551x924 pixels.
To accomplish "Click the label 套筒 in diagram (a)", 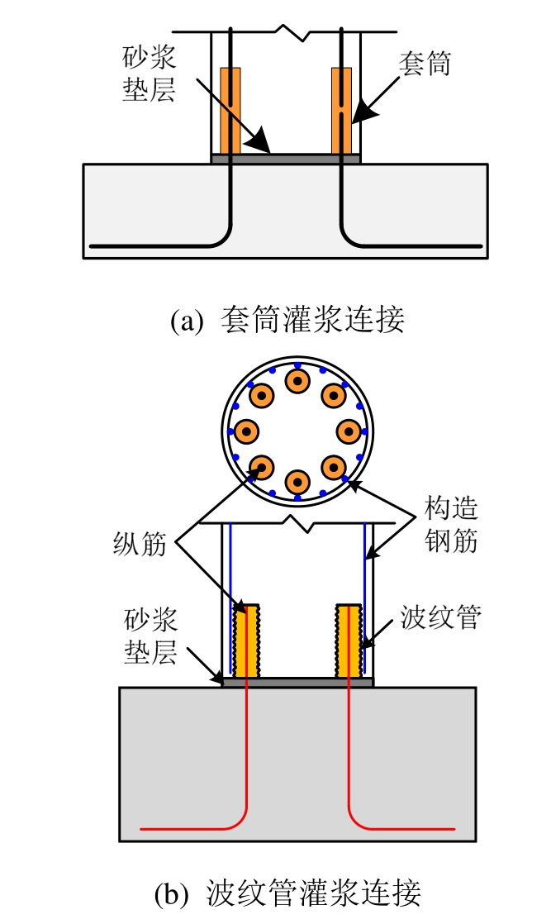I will [425, 64].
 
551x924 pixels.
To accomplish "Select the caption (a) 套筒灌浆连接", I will [287, 320].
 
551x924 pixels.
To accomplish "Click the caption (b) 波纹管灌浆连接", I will [287, 893].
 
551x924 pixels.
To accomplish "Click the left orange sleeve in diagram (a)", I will [230, 111].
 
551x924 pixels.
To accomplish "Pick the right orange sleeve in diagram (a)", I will [341, 111].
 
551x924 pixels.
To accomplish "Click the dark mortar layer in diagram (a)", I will [286, 158].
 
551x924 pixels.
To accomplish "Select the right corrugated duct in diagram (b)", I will [348, 640].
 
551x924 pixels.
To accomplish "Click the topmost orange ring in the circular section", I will [297, 381].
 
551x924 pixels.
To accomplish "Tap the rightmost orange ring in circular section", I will [349, 431].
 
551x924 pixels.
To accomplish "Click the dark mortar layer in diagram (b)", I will [297, 682].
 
